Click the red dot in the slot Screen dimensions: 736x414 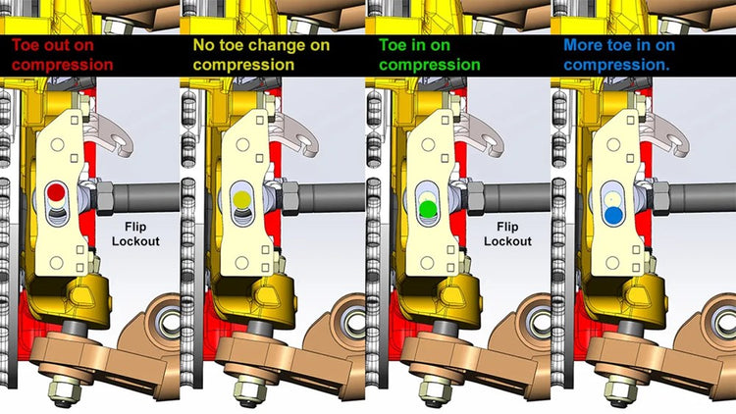[x=56, y=191]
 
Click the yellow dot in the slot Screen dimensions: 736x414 [x=241, y=199]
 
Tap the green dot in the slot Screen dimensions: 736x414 [x=427, y=208]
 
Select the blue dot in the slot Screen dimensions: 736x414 [x=613, y=215]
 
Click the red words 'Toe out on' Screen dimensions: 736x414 [x=53, y=45]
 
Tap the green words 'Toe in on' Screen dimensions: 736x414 [x=414, y=45]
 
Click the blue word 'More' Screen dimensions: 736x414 [x=583, y=45]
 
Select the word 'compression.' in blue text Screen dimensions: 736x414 [x=617, y=65]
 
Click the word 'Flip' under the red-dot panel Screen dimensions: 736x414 [x=135, y=227]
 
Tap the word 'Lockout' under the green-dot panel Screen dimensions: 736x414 [x=508, y=241]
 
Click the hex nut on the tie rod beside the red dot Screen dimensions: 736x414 [x=105, y=197]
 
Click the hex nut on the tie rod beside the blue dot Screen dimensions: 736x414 [x=660, y=197]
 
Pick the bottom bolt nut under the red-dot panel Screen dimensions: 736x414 [x=62, y=389]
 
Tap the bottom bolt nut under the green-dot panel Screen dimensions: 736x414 [x=434, y=389]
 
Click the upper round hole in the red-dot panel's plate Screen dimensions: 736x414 [x=57, y=144]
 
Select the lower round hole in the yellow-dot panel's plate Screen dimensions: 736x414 [x=241, y=262]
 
